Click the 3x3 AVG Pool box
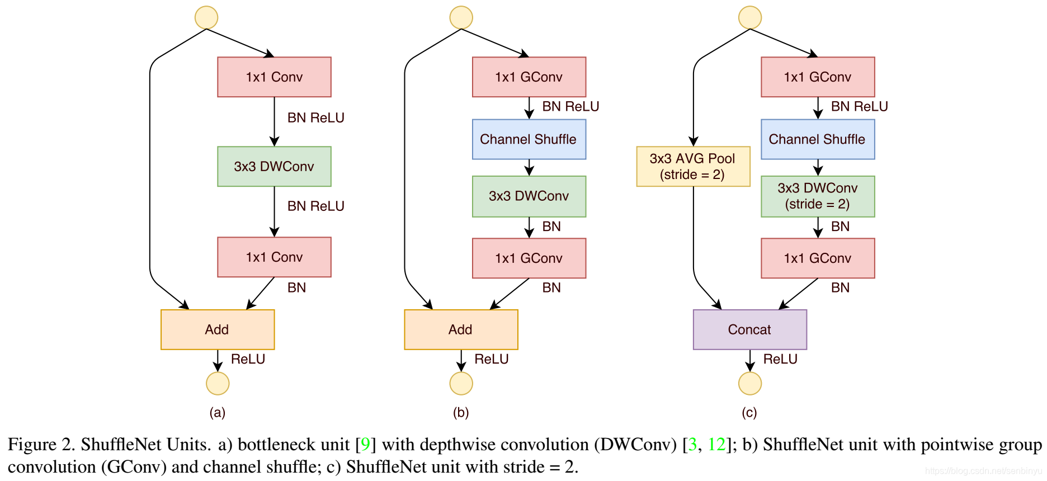693,166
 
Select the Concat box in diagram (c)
749,329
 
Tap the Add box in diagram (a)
218,329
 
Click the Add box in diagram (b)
461,329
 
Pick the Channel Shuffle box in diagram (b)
529,139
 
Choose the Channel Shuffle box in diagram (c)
818,139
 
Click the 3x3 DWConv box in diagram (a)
274,166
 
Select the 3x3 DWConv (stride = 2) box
818,196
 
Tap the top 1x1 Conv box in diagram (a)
274,77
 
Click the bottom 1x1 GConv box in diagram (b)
529,258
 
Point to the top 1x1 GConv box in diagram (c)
818,77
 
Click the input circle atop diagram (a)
206,17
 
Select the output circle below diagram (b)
461,383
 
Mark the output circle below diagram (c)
750,383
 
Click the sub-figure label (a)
218,412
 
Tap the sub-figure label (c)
749,412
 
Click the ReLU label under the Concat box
780,359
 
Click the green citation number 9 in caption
365,444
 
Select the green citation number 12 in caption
716,444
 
